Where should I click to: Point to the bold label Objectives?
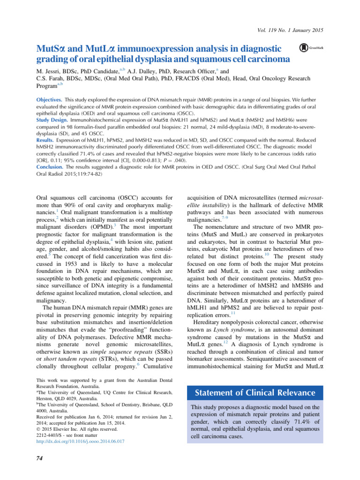49,100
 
